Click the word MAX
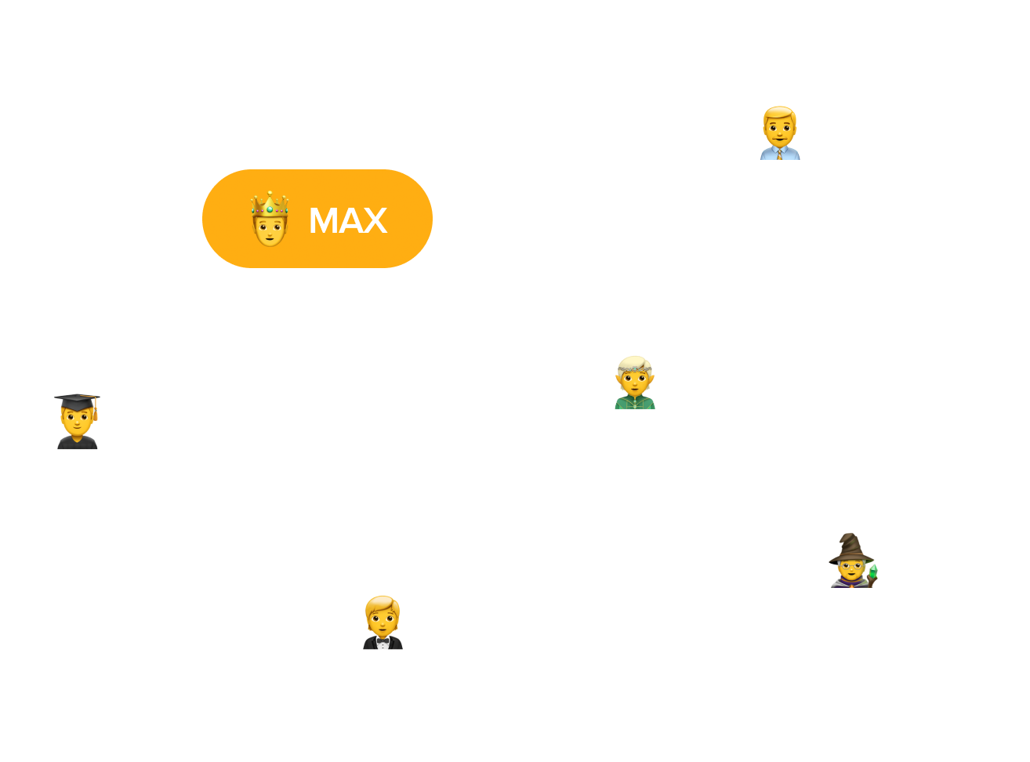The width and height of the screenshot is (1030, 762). (348, 221)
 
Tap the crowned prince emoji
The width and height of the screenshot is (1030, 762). (270, 220)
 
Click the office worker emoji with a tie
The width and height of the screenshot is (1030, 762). (780, 134)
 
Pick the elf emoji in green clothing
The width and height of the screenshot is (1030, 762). (634, 383)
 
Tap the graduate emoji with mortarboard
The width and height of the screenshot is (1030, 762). (77, 422)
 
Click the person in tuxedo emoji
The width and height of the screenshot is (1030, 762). (383, 623)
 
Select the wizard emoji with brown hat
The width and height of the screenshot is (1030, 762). (852, 561)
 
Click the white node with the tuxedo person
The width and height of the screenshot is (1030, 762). (462, 623)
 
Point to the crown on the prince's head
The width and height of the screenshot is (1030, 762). (270, 203)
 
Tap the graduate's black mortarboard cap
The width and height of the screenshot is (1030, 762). (77, 401)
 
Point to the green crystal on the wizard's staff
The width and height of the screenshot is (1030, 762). (873, 571)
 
